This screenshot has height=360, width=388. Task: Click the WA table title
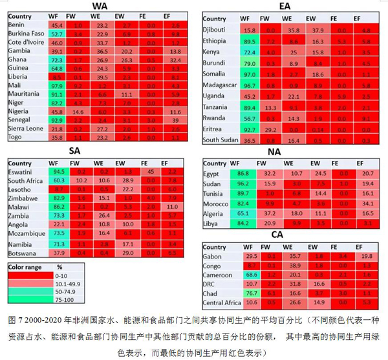tap(100, 6)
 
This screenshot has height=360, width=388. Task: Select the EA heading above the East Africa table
tap(285, 6)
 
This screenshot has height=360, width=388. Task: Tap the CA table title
tap(277, 234)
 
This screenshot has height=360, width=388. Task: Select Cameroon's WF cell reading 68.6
tap(252, 274)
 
